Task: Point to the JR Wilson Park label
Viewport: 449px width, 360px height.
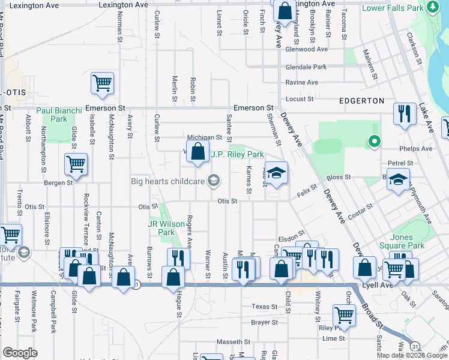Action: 166,228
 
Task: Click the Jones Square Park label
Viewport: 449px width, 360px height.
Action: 406,242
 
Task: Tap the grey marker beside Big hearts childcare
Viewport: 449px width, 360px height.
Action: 213,180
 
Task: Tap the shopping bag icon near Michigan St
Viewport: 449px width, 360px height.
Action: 197,152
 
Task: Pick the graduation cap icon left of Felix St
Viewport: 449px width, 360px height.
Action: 276,173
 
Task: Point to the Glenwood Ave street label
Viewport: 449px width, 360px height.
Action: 307,49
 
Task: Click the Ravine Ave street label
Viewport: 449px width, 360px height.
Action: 302,82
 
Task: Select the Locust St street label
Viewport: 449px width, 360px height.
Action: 300,99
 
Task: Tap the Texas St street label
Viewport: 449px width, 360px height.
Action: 265,307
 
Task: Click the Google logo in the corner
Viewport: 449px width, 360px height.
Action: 20,353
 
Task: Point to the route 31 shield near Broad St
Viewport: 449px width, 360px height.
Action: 415,346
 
